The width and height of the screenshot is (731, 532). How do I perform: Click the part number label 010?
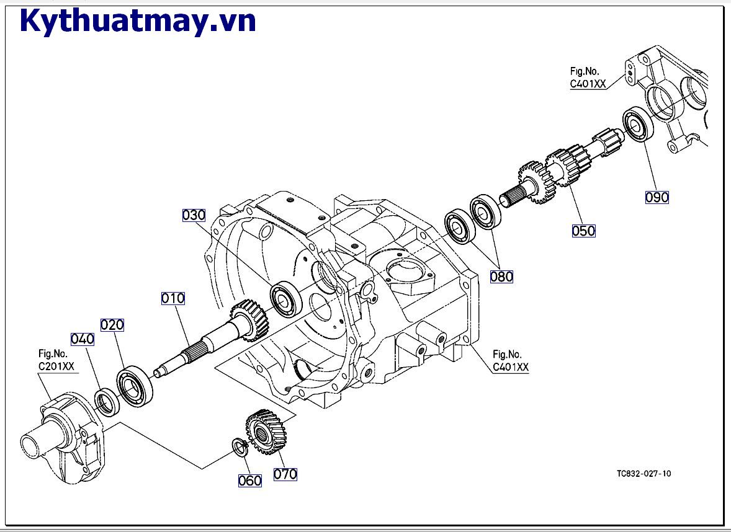point(173,298)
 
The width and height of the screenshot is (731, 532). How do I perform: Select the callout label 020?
point(112,325)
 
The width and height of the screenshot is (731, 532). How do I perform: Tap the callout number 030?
point(194,215)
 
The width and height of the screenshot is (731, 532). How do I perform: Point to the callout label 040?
point(83,339)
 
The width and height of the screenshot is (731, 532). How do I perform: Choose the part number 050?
point(583,231)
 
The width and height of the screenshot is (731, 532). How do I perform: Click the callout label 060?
point(250,481)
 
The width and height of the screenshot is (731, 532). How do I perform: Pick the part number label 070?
point(285,474)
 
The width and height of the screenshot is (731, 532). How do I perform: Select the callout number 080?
point(501,277)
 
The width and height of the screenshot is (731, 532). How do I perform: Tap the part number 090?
point(657,197)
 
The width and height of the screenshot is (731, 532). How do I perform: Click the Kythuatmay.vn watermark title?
point(138,21)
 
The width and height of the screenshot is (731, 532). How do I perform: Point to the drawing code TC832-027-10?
point(644,474)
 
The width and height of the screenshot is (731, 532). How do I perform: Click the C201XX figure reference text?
point(56,366)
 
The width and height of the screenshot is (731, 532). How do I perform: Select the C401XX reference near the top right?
point(588,84)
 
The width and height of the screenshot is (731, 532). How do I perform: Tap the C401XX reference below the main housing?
point(511,367)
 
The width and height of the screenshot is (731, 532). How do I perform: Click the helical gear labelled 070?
point(266,432)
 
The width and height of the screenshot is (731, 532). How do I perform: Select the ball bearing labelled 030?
point(286,299)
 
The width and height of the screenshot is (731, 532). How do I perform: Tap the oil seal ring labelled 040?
point(107,401)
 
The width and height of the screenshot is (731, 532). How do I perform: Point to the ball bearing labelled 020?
point(134,386)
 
